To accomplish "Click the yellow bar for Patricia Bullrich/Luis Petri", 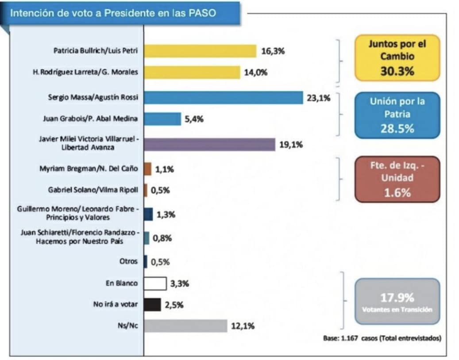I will click(x=200, y=51).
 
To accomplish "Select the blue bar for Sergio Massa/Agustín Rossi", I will click(x=223, y=98).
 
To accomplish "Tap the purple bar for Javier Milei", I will click(x=209, y=144).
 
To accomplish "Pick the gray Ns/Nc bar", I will click(x=185, y=326).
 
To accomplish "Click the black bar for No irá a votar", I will click(x=152, y=305).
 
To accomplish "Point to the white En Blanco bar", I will click(x=155, y=283).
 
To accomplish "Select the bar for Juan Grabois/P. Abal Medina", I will click(x=162, y=119).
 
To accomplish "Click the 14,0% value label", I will click(x=256, y=73).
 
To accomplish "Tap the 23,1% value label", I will click(x=318, y=98).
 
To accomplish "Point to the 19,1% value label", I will click(x=291, y=144).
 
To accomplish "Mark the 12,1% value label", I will click(x=243, y=326).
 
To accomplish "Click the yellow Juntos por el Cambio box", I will click(x=397, y=57).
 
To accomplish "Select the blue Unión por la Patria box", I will click(x=397, y=115).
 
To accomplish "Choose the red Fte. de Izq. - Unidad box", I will click(x=397, y=179).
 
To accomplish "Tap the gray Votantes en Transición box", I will click(x=397, y=301).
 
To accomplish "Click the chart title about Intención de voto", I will click(x=113, y=13).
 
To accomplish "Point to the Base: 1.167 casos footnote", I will click(x=382, y=339).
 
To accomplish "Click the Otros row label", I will click(x=128, y=261).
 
